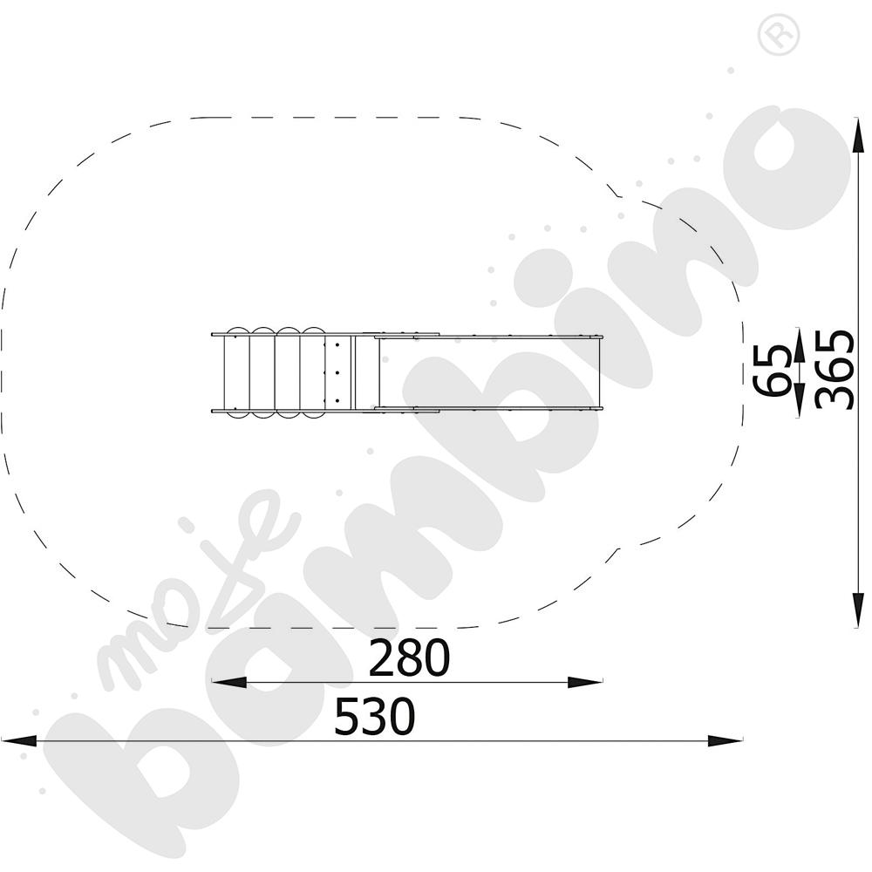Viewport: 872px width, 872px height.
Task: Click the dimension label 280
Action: tap(409, 657)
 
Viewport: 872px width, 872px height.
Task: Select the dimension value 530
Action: tap(375, 716)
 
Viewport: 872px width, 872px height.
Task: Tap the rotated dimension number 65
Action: tap(772, 370)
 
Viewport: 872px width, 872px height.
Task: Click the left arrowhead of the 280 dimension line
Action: tap(228, 683)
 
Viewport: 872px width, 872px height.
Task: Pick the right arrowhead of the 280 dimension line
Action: tap(585, 683)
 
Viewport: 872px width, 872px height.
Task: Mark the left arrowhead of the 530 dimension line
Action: tap(19, 740)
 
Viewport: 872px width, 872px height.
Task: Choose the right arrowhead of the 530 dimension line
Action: tap(725, 740)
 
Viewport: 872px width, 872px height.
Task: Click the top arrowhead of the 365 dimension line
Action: tap(859, 135)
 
